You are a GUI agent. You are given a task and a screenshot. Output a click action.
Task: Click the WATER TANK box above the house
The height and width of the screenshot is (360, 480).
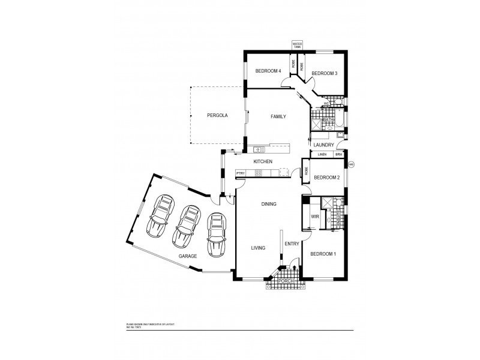click(x=296, y=45)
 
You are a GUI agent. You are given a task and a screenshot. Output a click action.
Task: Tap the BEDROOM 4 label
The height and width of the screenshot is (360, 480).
click(x=268, y=71)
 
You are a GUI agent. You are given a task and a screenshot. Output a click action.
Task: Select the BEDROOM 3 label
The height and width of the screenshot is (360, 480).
click(x=325, y=73)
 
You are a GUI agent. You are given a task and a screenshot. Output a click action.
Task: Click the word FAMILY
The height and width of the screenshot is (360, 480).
click(x=278, y=116)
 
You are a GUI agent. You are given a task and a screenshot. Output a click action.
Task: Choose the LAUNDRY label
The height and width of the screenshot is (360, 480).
click(x=323, y=145)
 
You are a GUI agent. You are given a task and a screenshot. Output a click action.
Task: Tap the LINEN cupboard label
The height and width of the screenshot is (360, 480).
click(x=322, y=155)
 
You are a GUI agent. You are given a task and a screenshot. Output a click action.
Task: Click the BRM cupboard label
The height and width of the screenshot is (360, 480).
click(x=339, y=155)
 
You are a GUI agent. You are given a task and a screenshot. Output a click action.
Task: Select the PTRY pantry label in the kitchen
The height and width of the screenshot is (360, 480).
click(x=241, y=173)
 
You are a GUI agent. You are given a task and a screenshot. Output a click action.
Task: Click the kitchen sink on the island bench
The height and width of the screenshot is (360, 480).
click(x=259, y=149)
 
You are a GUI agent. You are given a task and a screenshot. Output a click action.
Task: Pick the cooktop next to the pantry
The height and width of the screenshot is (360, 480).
click(x=259, y=173)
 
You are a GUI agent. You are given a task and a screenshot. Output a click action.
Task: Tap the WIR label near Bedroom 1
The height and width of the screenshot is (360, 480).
click(x=314, y=217)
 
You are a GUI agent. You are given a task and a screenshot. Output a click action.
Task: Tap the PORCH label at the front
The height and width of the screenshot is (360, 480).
click(x=287, y=280)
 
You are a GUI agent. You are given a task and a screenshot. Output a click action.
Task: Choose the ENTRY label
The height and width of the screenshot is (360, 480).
click(x=292, y=244)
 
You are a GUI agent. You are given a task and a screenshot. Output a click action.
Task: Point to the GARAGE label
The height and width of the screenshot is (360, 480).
click(x=188, y=256)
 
